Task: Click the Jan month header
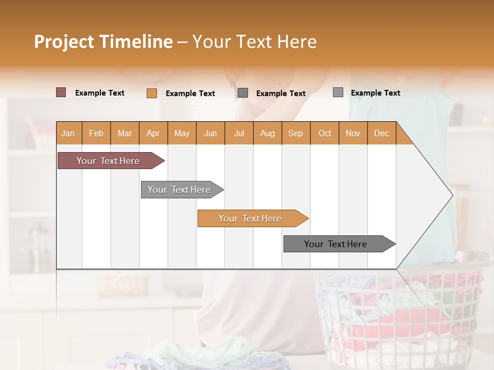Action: click(68, 133)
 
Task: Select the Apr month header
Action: click(153, 133)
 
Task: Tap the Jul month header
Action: click(239, 133)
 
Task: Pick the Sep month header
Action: click(295, 133)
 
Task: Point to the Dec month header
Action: click(381, 133)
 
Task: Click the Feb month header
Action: click(96, 133)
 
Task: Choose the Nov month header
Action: click(352, 133)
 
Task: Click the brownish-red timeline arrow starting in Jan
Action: click(108, 161)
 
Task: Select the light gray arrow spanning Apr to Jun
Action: click(179, 190)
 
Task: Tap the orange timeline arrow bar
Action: click(250, 218)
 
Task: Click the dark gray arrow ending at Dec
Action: click(336, 244)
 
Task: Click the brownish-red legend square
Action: click(61, 92)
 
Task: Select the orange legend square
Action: click(151, 93)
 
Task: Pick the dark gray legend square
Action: click(243, 93)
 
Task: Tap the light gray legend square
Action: click(338, 92)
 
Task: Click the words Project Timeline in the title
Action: click(103, 42)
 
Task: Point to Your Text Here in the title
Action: click(254, 42)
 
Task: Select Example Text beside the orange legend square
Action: click(190, 94)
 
